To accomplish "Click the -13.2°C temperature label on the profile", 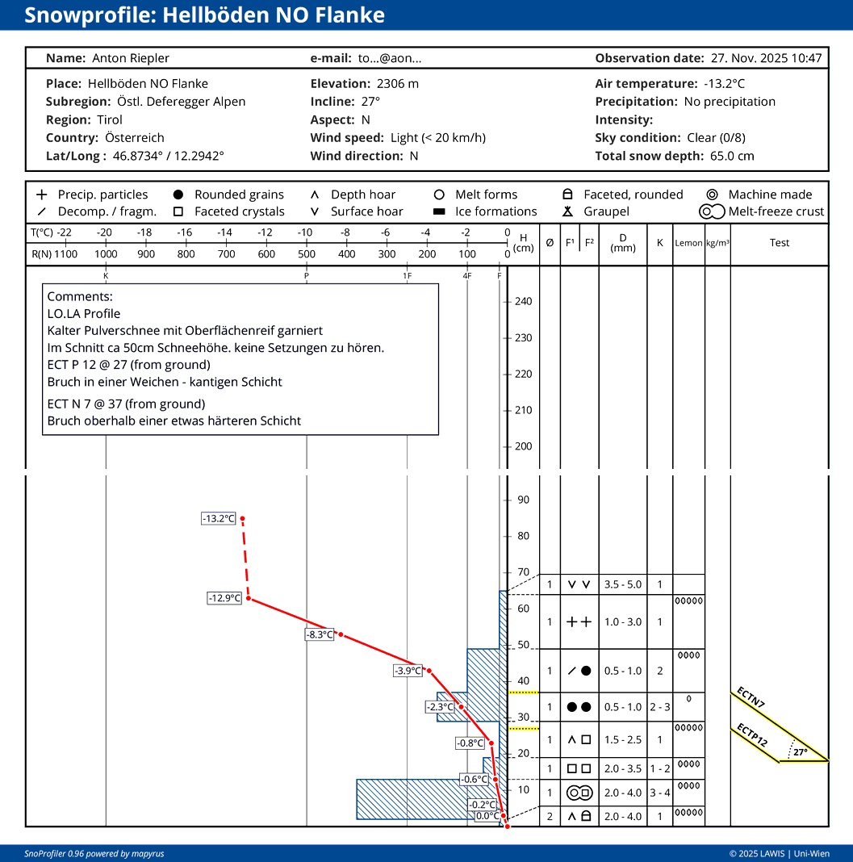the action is coord(219,518).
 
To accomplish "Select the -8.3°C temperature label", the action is coord(320,634).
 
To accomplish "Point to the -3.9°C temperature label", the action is coord(408,671).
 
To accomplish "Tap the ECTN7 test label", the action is coord(751,697).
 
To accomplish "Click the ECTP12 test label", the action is coord(752,735).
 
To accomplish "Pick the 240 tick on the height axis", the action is coord(523,301).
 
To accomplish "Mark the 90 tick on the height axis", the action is coord(523,500).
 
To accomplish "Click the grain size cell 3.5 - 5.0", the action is coord(623,584).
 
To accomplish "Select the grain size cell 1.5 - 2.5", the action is coord(623,740).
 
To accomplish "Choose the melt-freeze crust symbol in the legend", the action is coord(712,211).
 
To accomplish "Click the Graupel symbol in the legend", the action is coord(568,211).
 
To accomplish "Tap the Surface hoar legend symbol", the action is coord(315,211).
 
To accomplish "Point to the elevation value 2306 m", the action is coord(398,84).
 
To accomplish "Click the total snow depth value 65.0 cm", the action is coord(732,156).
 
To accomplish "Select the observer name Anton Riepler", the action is coord(131,58).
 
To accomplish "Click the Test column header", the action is coord(780,242).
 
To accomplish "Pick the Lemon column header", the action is coord(688,243).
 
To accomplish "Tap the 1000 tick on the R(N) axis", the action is coord(106,254).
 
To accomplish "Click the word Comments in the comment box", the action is coord(80,296).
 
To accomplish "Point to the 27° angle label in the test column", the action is coord(801,752).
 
